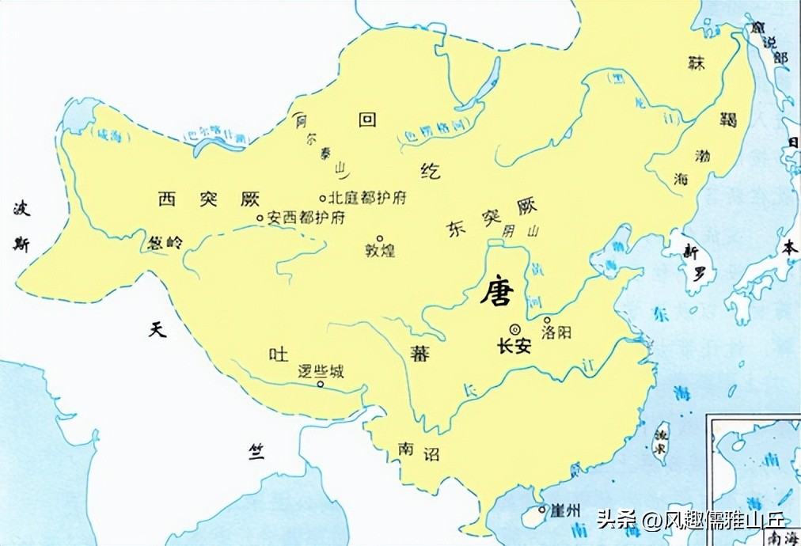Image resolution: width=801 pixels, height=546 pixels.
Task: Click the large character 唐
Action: pyautogui.click(x=497, y=294)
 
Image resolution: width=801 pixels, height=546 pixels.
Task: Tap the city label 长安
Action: pyautogui.click(x=514, y=347)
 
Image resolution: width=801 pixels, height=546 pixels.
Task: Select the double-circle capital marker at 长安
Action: pyautogui.click(x=515, y=329)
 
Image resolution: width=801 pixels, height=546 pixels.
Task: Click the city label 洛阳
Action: pyautogui.click(x=556, y=333)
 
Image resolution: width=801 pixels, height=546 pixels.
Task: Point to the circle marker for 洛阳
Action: pyautogui.click(x=547, y=320)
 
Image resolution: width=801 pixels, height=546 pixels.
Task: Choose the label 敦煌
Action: pyautogui.click(x=380, y=251)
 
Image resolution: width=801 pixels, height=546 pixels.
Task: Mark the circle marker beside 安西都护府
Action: pyautogui.click(x=260, y=218)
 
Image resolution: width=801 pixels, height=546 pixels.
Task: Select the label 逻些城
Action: pyautogui.click(x=320, y=370)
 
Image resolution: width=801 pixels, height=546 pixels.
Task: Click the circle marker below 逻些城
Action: pyautogui.click(x=320, y=385)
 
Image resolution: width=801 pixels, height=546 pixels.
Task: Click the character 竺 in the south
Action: pyautogui.click(x=256, y=451)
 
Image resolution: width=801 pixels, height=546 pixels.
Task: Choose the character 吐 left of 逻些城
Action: pyautogui.click(x=278, y=355)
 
